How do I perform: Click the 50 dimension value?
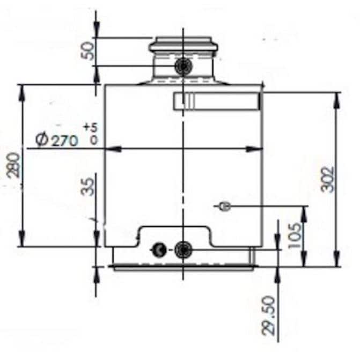[89, 52]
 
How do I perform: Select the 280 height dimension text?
[13, 166]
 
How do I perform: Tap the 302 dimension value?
[328, 180]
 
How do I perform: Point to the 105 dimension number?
[295, 236]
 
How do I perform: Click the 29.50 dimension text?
[268, 315]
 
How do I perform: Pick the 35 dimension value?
[89, 187]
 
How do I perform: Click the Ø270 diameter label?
[57, 140]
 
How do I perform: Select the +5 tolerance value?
[91, 127]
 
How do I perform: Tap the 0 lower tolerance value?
[93, 140]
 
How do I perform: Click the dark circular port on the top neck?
[183, 66]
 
